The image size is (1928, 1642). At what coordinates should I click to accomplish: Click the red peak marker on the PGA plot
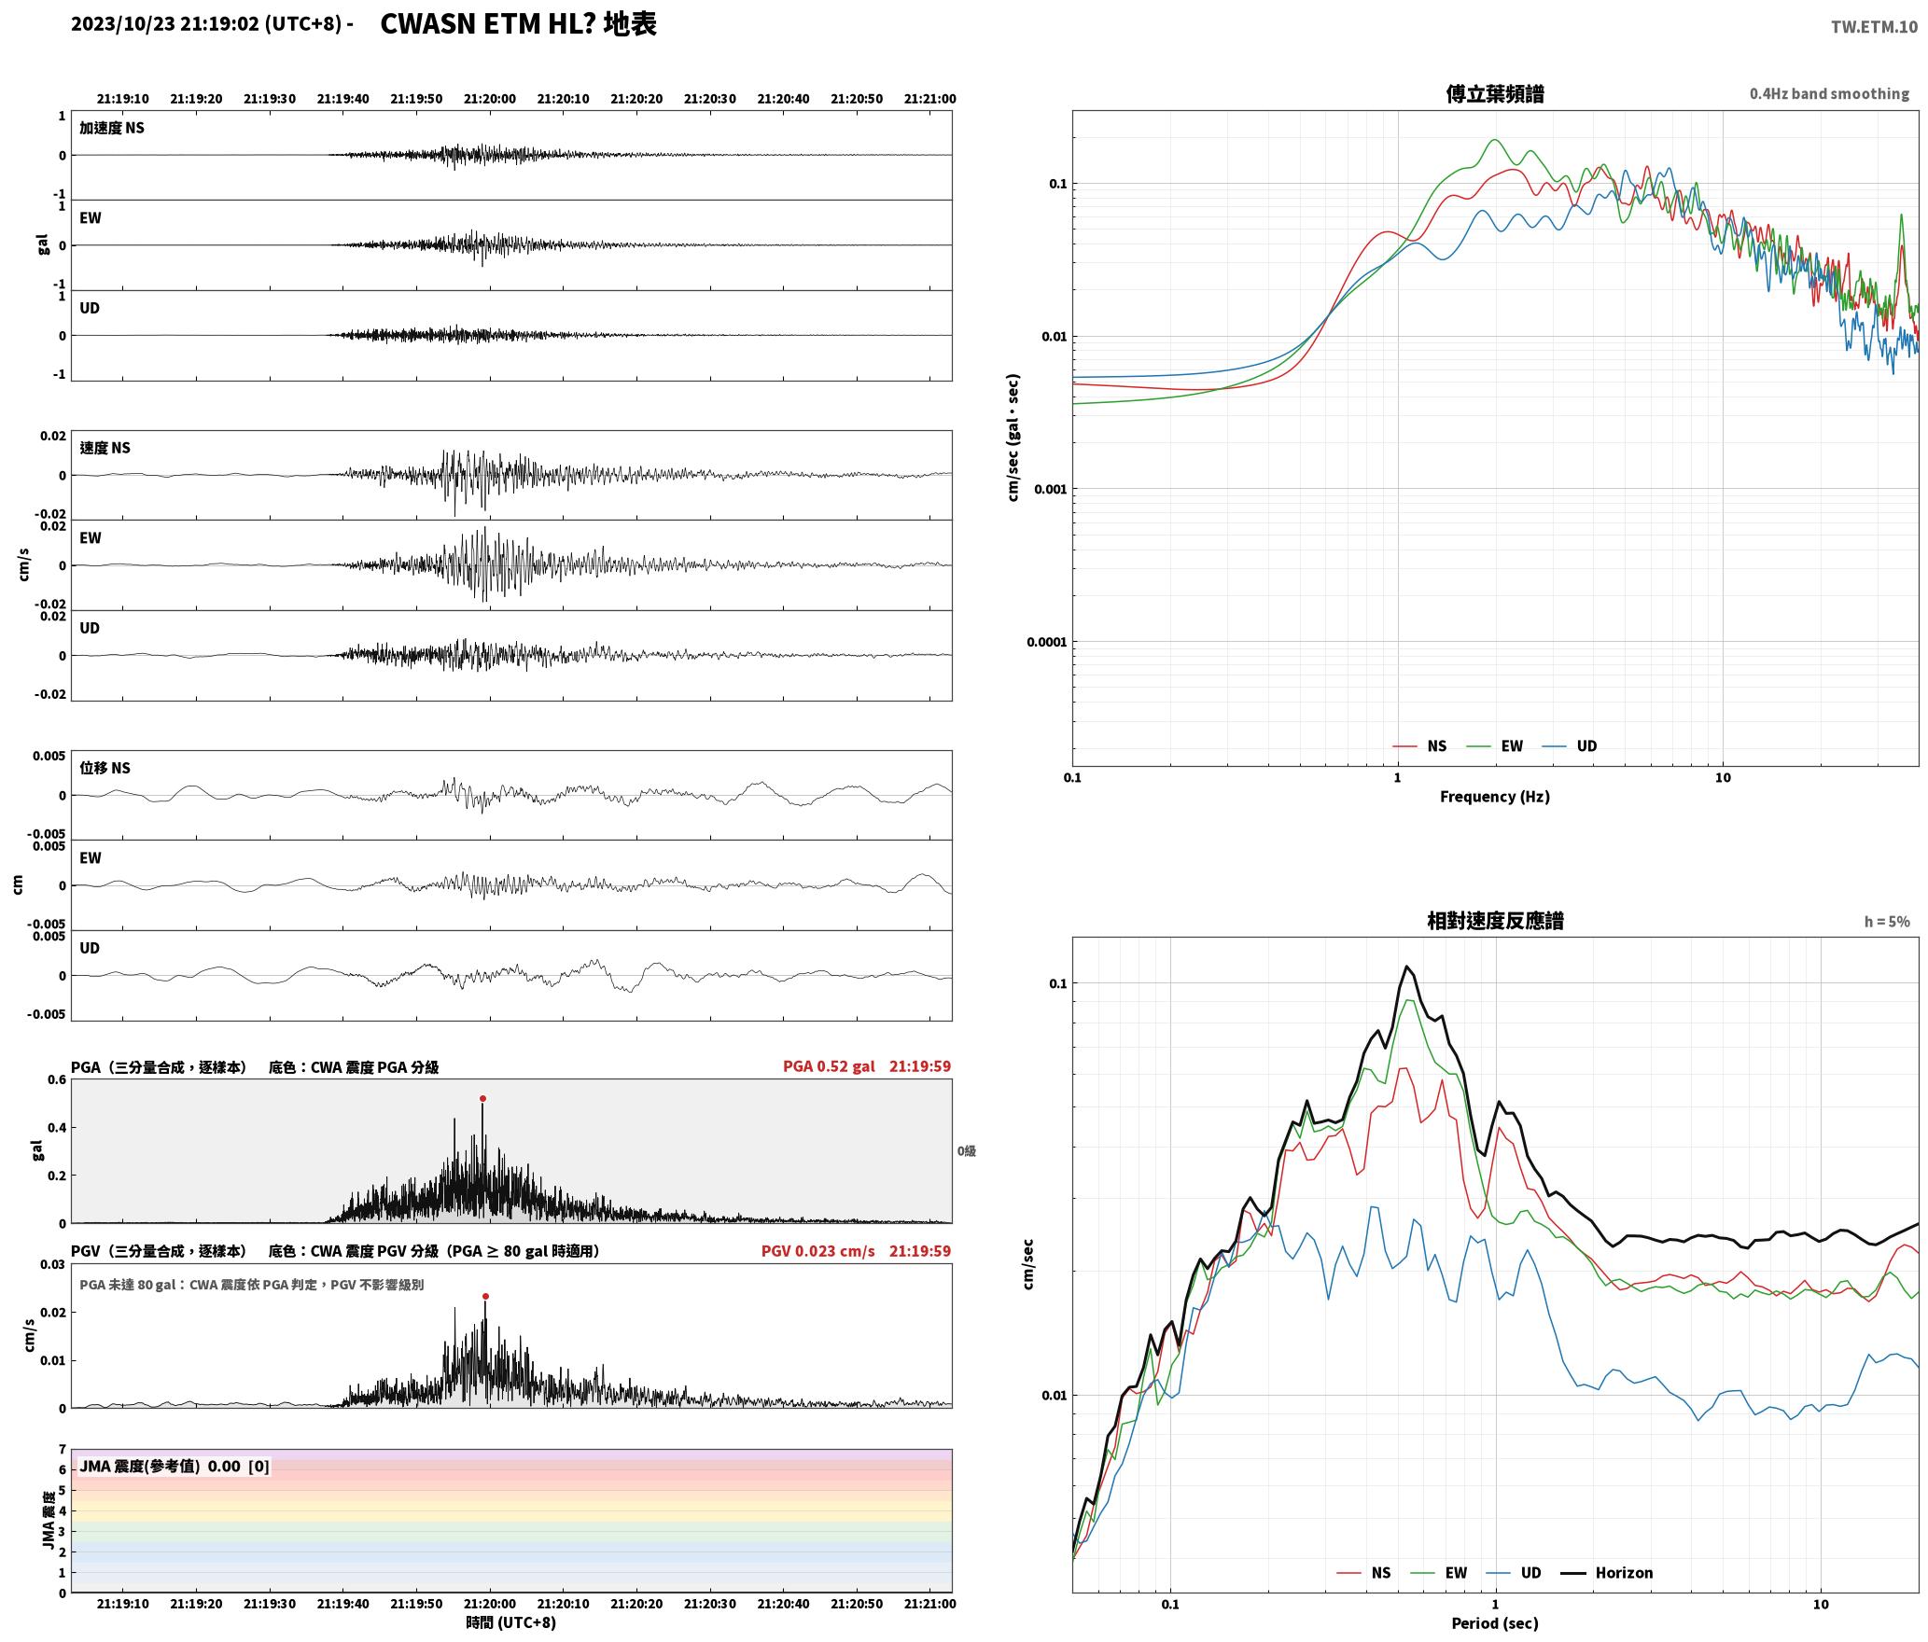(482, 1098)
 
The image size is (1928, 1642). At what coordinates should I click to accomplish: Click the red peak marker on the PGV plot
(485, 1296)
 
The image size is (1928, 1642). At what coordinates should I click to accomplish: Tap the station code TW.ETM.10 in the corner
(1874, 27)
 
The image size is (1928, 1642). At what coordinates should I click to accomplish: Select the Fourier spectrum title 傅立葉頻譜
(1494, 93)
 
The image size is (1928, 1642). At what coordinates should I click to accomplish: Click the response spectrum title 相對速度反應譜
(1495, 921)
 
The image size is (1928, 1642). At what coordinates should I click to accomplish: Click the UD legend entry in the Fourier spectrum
(1569, 745)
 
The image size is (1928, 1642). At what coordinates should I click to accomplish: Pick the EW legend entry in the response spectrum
(1439, 1572)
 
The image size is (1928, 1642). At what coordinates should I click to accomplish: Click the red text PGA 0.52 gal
(829, 1066)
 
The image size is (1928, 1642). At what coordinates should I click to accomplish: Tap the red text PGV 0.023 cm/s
(818, 1251)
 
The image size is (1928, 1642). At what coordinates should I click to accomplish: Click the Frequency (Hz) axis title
(1494, 796)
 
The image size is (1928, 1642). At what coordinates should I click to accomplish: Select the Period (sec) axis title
(1494, 1622)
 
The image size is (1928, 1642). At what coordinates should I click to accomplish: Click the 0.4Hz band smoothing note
(1829, 93)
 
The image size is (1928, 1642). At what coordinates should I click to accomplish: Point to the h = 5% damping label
(1887, 922)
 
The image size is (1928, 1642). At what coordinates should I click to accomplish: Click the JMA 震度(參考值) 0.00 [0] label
(175, 1466)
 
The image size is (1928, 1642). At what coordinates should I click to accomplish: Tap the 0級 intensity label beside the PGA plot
(966, 1150)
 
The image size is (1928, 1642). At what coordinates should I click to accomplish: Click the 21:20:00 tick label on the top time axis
(489, 99)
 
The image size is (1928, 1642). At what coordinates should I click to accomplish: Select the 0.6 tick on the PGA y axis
(56, 1079)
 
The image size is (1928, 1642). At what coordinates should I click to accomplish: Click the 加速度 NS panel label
(112, 128)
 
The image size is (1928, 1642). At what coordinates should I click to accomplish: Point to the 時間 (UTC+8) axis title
(510, 1622)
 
